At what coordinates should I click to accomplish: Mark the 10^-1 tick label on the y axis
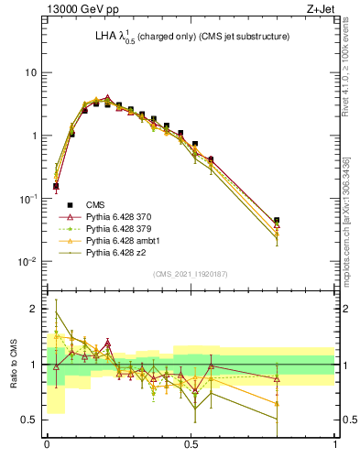29,199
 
